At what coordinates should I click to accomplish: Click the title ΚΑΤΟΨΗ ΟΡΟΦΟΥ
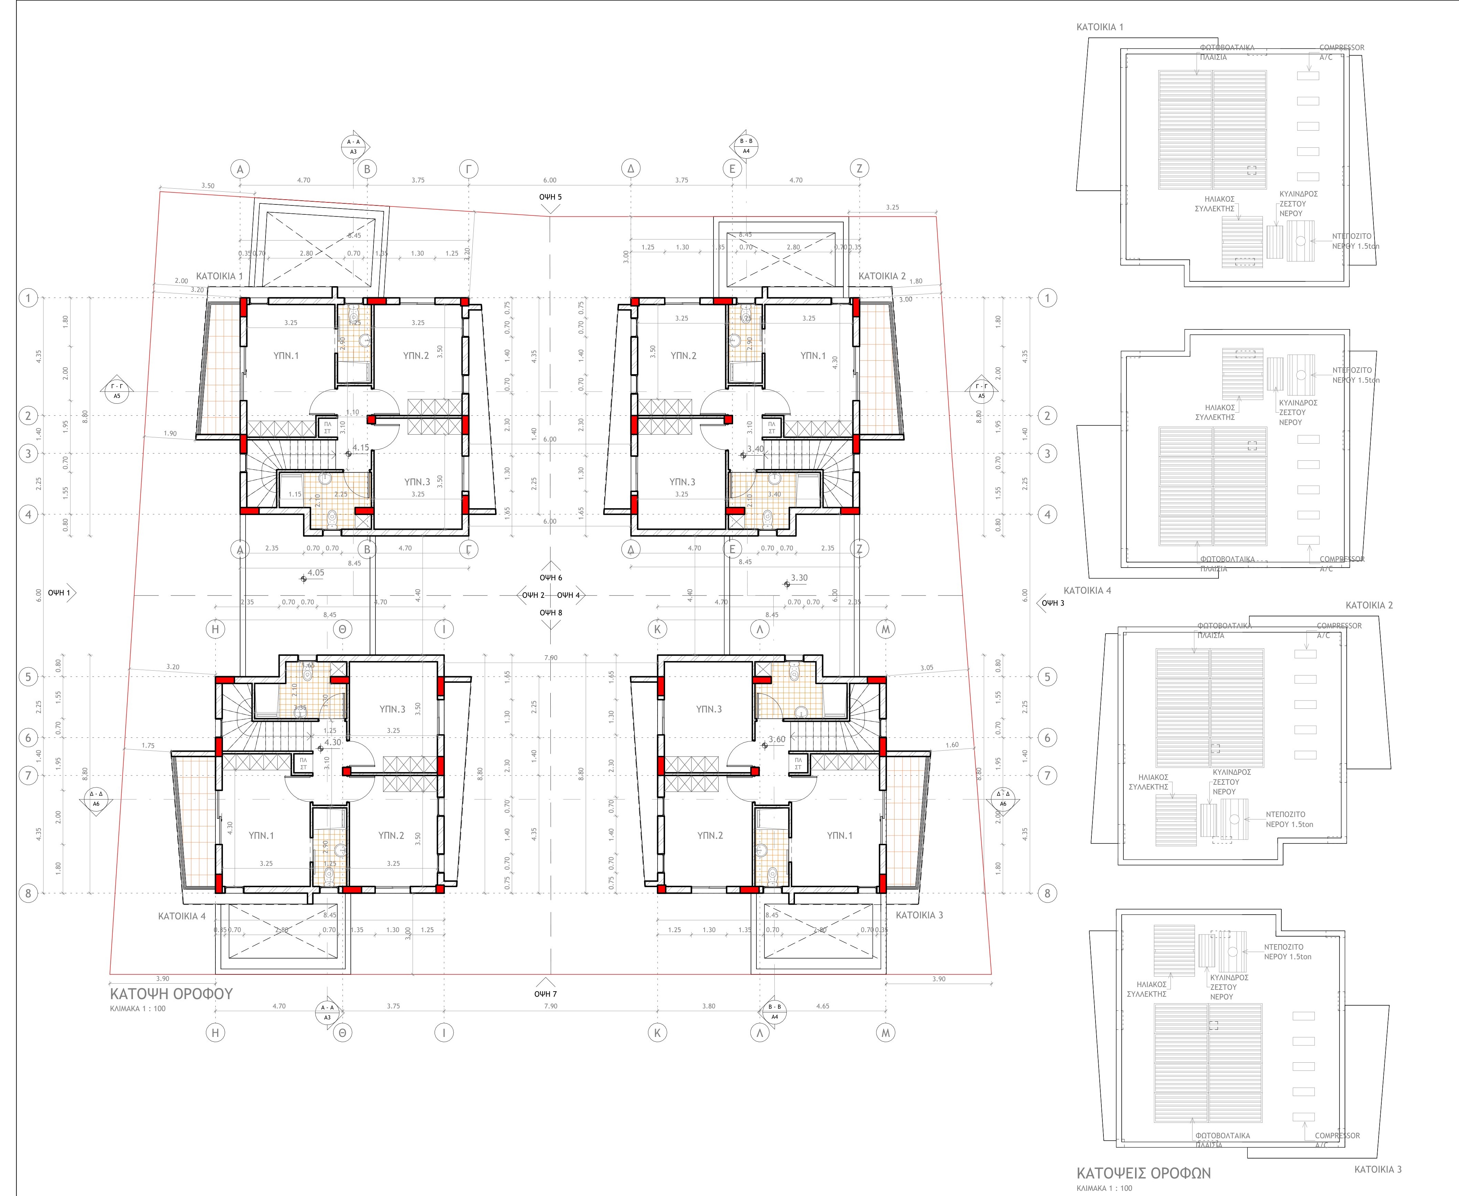pyautogui.click(x=171, y=994)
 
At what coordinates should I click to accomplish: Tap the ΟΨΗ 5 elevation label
pyautogui.click(x=550, y=197)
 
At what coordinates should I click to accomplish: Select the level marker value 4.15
pyautogui.click(x=360, y=448)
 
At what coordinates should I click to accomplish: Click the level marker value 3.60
pyautogui.click(x=776, y=739)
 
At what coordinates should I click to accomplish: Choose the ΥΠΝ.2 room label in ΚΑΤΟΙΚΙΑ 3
pyautogui.click(x=709, y=836)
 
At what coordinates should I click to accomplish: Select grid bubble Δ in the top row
pyautogui.click(x=630, y=168)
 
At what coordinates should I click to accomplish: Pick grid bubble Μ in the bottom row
pyautogui.click(x=885, y=1033)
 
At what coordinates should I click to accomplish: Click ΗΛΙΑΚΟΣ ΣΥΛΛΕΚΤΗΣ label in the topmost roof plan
pyautogui.click(x=1214, y=204)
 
